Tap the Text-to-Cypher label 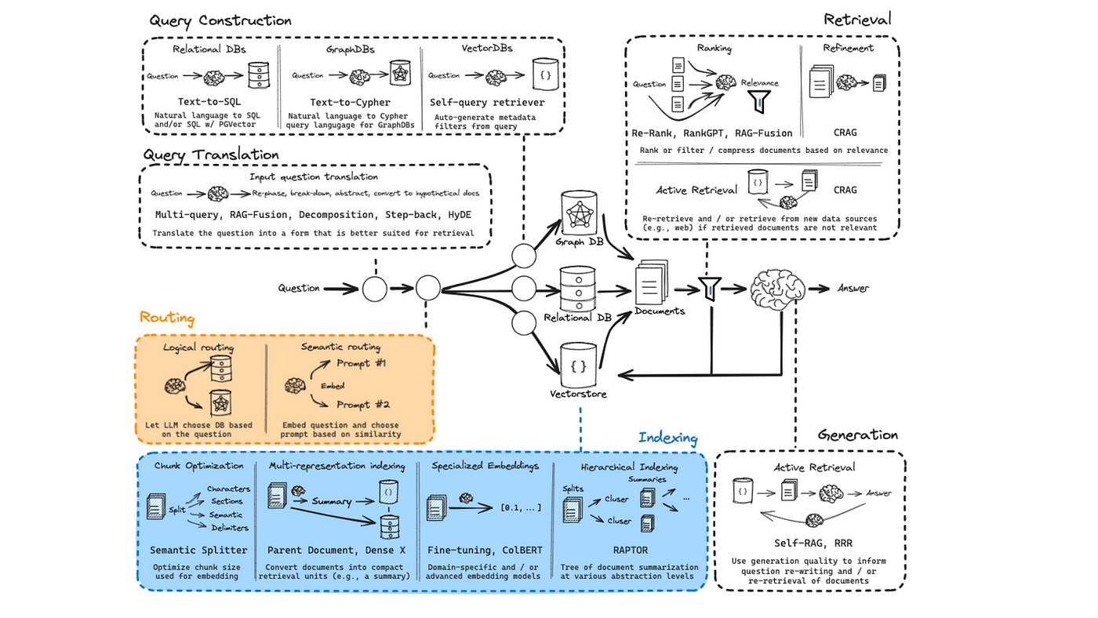point(350,103)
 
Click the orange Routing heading point(166,318)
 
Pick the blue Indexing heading point(667,438)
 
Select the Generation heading point(857,434)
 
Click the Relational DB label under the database point(578,318)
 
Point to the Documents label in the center point(660,311)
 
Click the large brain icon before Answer point(777,288)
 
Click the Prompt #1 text point(362,363)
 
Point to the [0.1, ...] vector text point(521,508)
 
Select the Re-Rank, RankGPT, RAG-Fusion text point(712,133)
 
